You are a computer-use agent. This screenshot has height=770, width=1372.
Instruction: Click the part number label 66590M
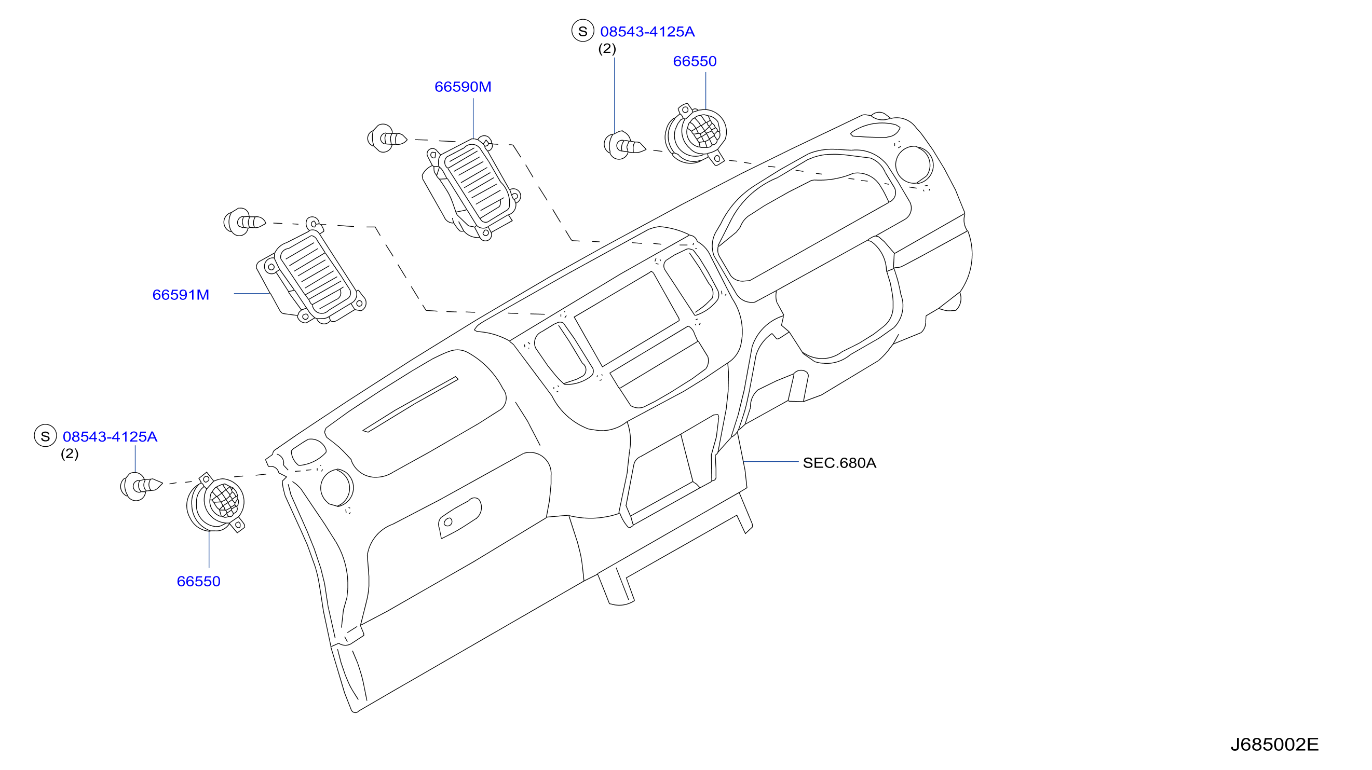click(463, 87)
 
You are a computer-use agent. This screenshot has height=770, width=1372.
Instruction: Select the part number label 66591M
click(181, 295)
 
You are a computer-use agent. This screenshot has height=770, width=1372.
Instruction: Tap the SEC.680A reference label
click(839, 463)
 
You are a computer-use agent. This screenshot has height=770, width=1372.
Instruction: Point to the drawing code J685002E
click(1274, 744)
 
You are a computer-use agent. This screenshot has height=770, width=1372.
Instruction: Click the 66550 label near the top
click(695, 61)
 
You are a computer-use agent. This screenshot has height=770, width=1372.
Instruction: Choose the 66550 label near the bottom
click(199, 581)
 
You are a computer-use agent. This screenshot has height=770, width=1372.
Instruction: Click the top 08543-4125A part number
click(647, 32)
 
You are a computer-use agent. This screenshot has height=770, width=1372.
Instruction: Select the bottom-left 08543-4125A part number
click(110, 437)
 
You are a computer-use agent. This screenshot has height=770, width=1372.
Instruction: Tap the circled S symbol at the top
click(582, 31)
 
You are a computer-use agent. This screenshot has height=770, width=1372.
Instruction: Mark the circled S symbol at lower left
click(45, 436)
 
